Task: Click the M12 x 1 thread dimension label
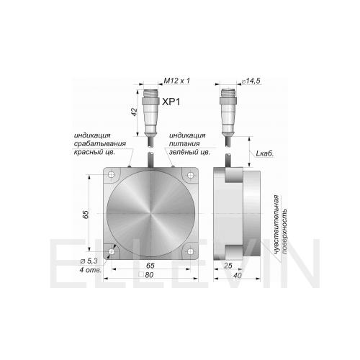pyautogui.click(x=177, y=81)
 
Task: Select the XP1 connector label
pyautogui.click(x=171, y=102)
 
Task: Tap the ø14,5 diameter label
pyautogui.click(x=251, y=81)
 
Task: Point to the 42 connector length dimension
pyautogui.click(x=135, y=112)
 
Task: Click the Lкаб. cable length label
pyautogui.click(x=265, y=153)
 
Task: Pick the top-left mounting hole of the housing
pyautogui.click(x=111, y=174)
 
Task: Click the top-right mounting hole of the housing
pyautogui.click(x=190, y=174)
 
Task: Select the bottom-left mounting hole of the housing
pyautogui.click(x=111, y=251)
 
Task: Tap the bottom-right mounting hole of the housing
pyautogui.click(x=190, y=251)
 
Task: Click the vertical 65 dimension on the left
pyautogui.click(x=86, y=214)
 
